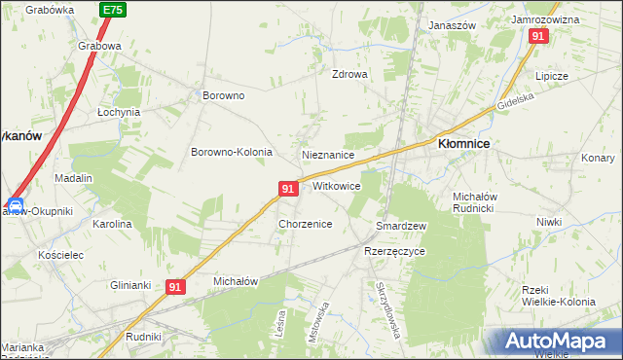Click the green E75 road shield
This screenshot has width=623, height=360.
click(x=112, y=9)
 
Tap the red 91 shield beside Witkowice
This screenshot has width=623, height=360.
click(x=287, y=189)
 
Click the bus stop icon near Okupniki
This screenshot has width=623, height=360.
click(x=15, y=205)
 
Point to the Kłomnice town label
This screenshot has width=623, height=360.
click(x=463, y=143)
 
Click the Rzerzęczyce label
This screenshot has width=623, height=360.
click(x=394, y=251)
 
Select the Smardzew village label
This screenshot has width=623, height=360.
click(x=402, y=226)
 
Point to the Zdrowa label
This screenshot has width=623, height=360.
click(x=349, y=74)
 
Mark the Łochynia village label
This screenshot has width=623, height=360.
click(x=119, y=112)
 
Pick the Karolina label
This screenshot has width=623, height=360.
click(x=112, y=224)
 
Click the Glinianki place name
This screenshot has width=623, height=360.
click(x=129, y=285)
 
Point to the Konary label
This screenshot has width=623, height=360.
click(x=598, y=158)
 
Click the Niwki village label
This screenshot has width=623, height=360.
click(x=549, y=222)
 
